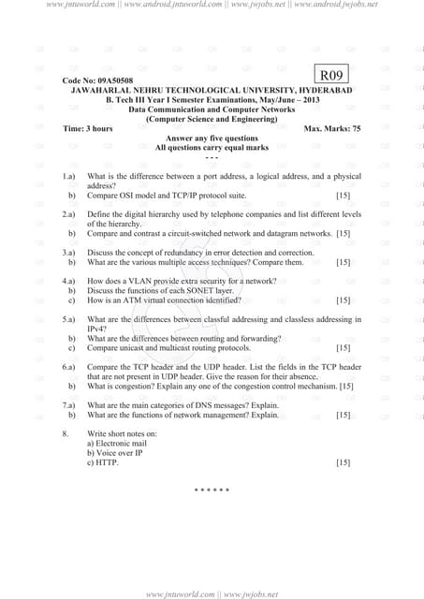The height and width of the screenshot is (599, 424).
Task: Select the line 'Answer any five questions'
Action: (x=211, y=139)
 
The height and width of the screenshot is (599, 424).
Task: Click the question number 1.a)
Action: (x=68, y=176)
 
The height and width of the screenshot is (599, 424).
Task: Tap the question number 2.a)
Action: (x=68, y=214)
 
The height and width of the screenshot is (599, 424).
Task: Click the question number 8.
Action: (x=65, y=434)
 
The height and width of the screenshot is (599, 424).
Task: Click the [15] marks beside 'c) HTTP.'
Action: (x=343, y=462)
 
